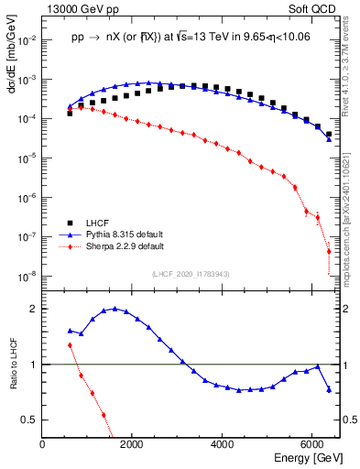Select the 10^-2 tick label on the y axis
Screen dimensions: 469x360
[x=27, y=40]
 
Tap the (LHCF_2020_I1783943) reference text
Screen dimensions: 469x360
[x=190, y=273]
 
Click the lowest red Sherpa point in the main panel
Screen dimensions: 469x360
[x=328, y=251]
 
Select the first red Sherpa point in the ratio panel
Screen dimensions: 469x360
[x=70, y=345]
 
